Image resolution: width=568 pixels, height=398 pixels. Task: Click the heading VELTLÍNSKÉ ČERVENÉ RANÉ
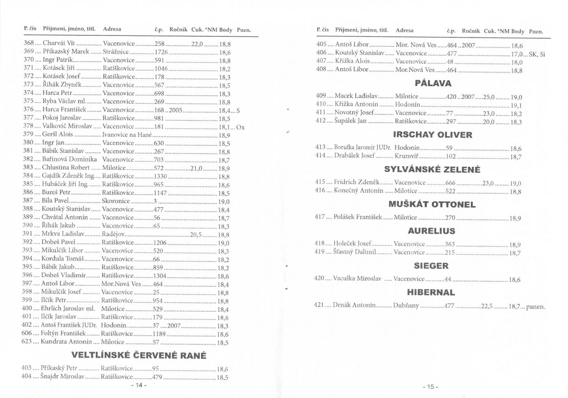tap(139, 355)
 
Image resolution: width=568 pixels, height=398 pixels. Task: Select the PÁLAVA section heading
tap(433, 83)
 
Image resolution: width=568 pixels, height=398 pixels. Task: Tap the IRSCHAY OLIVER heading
tap(433, 135)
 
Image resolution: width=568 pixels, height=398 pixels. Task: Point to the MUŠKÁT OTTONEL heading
tap(432, 204)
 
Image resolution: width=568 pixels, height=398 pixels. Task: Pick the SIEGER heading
tap(431, 266)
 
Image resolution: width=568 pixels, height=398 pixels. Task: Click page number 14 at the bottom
tap(139, 385)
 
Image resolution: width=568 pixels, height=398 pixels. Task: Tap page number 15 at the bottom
tap(430, 386)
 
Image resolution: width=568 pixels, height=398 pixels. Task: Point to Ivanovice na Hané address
tap(127, 134)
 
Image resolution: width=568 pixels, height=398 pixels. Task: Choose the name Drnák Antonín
tap(355, 306)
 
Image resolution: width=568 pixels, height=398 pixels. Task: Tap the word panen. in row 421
tap(535, 307)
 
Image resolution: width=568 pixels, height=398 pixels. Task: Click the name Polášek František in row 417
tap(358, 217)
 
